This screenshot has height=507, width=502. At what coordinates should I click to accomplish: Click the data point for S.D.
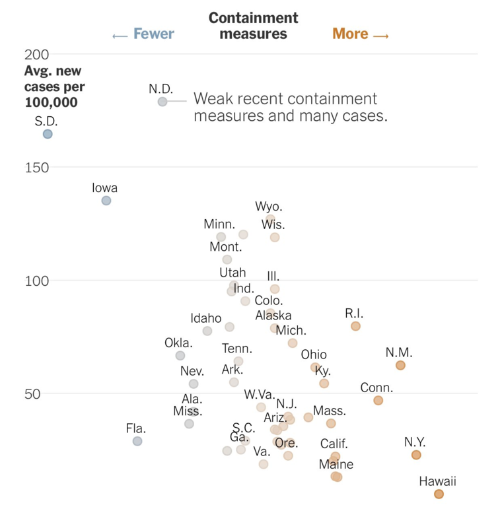pos(48,134)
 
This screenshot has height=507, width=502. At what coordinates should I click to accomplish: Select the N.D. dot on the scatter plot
pos(162,102)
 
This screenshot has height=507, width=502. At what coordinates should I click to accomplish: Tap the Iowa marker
pos(106,201)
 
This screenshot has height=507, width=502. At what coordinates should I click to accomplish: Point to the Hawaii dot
pos(439,494)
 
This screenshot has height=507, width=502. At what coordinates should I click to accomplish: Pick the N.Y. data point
pos(416,455)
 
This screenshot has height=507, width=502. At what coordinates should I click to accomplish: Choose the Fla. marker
pos(137,441)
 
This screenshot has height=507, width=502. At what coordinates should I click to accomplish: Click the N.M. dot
pos(400,365)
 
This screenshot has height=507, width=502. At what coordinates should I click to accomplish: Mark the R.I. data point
pos(355,326)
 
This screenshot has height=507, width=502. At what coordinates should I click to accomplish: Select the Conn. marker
pos(378,400)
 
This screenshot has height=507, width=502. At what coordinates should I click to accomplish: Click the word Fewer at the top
pos(153,34)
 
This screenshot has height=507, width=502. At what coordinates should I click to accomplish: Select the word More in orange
pos(350,34)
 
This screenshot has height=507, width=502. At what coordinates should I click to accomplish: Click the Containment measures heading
pos(254,26)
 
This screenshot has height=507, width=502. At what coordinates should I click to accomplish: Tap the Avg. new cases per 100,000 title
pos(55,86)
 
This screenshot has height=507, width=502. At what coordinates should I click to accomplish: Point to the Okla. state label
pos(178,343)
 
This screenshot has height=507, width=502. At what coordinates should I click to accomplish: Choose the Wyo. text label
pos(269,207)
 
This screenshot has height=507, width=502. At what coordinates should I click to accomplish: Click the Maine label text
pos(336,464)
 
